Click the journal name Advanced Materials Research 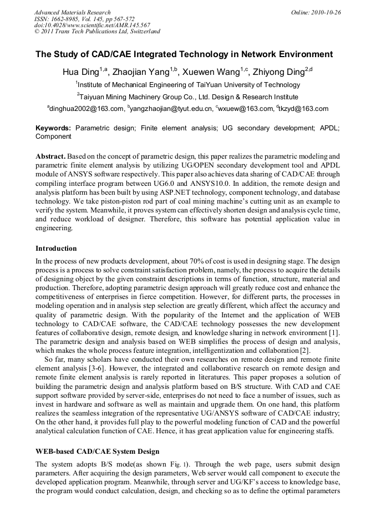point(72,12)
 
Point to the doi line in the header point(92,25)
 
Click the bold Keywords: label point(53,128)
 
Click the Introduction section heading point(56,248)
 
